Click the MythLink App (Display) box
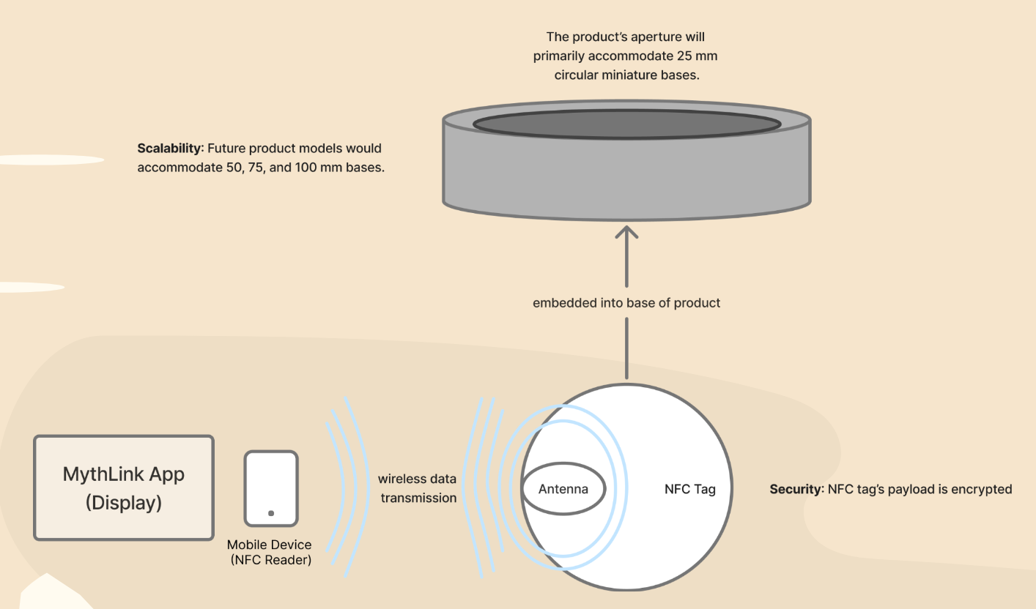pos(124,488)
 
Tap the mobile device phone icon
pos(271,488)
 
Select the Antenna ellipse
pos(563,489)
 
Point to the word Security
pos(795,489)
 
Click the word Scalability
pos(169,149)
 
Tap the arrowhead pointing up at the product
pos(626,233)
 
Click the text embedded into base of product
pos(626,302)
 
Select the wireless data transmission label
pos(417,488)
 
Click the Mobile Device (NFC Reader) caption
pos(269,553)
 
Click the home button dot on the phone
pos(271,513)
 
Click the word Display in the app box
pos(124,503)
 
